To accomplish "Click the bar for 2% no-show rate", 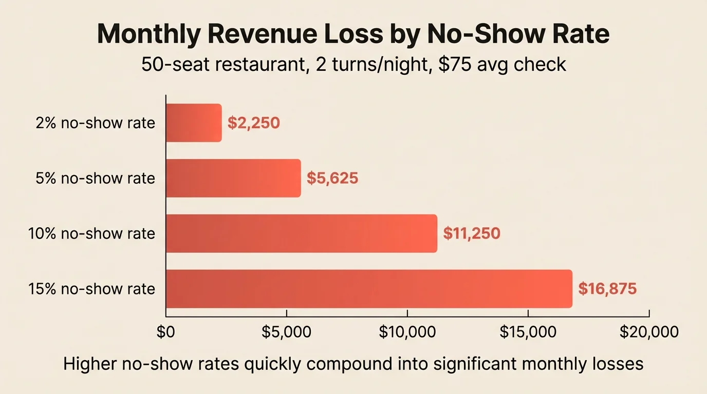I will [x=194, y=123].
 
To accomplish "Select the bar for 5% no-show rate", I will [x=233, y=178].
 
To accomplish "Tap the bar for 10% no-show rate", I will [x=301, y=233].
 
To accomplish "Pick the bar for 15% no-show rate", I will [x=369, y=289].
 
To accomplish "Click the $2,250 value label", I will [x=254, y=123].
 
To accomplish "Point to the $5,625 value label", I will [x=332, y=178].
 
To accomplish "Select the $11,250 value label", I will [x=472, y=233].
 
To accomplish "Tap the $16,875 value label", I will [x=607, y=289].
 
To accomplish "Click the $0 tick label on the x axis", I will [x=166, y=332].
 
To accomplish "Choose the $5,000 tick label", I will [x=286, y=332].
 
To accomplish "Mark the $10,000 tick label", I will [x=407, y=332].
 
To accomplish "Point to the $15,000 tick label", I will [x=528, y=332].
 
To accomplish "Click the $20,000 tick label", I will [x=649, y=332].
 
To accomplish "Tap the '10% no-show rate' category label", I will [x=91, y=233].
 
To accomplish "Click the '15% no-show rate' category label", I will [x=91, y=289].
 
